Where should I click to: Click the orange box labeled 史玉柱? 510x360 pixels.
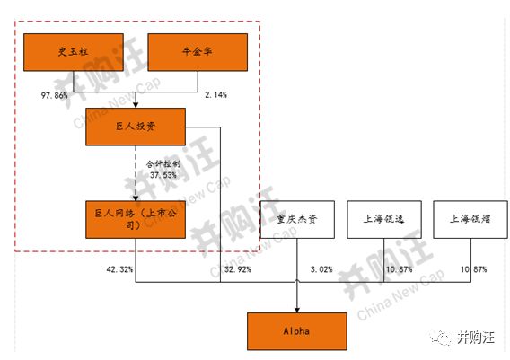[x=74, y=52]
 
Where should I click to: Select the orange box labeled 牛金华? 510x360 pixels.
[x=198, y=52]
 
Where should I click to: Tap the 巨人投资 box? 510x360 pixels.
[x=136, y=127]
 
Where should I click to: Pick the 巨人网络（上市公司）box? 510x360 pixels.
[x=136, y=220]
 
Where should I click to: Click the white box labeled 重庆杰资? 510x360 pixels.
[x=297, y=220]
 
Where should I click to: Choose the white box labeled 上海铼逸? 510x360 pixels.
[x=384, y=220]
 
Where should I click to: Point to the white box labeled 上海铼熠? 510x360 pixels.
[x=470, y=220]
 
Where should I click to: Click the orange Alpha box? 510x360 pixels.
[x=297, y=331]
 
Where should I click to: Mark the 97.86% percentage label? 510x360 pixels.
[x=54, y=95]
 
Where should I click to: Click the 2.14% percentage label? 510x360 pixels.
[x=216, y=94]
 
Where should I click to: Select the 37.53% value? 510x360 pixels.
[x=163, y=175]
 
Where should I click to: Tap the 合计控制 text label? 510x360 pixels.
[x=163, y=164]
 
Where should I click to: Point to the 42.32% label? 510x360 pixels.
[x=119, y=269]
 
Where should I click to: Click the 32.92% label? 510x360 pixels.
[x=238, y=269]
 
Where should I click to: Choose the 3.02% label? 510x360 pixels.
[x=321, y=269]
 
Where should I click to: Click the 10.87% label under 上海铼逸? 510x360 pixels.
[x=399, y=269]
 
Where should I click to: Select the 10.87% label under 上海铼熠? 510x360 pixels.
[x=473, y=269]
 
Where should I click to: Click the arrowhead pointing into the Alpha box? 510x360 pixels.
[x=297, y=310]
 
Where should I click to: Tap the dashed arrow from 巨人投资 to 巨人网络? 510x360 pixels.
[x=136, y=173]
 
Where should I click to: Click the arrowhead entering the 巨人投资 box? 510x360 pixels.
[x=136, y=105]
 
